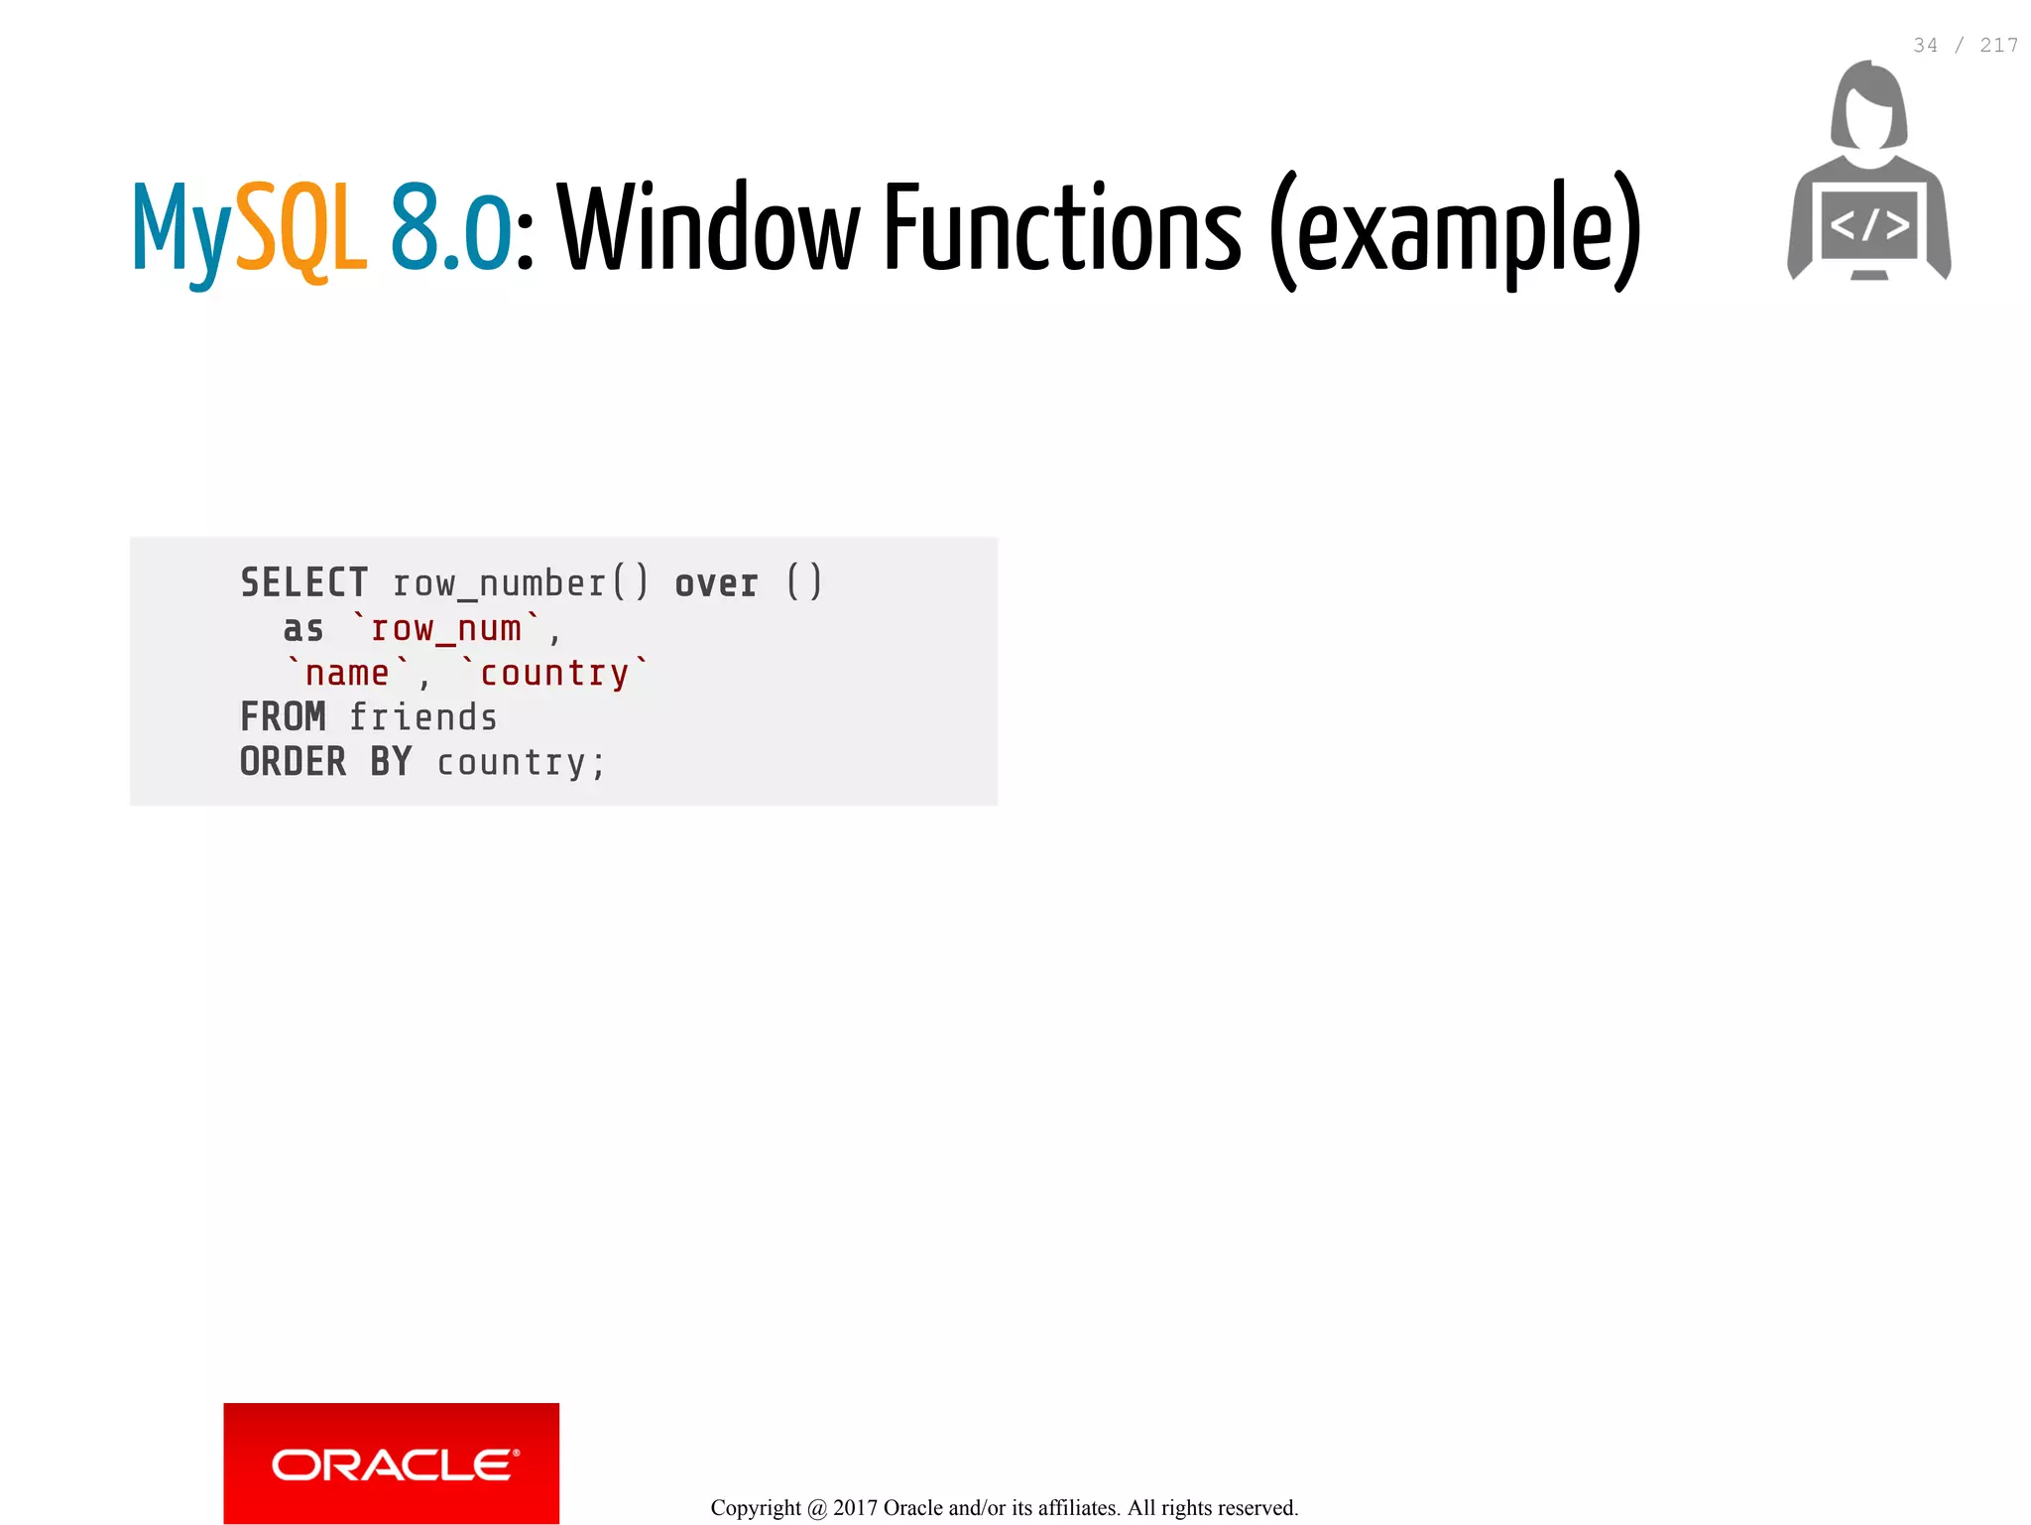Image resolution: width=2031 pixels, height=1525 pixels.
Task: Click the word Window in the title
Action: (x=708, y=228)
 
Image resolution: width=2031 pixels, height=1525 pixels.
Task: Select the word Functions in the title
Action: (x=1062, y=228)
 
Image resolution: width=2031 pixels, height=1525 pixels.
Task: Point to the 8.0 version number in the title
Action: (x=450, y=228)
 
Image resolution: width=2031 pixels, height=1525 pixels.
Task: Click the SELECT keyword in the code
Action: (x=303, y=582)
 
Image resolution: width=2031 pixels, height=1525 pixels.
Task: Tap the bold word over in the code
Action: (x=716, y=583)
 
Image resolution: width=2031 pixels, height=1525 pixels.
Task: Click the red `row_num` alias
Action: (x=446, y=629)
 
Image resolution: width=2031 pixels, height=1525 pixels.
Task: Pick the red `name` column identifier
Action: (x=347, y=673)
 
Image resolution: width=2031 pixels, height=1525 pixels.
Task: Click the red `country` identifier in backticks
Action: (x=554, y=673)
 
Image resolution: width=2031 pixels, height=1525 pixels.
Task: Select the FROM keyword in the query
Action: (x=283, y=716)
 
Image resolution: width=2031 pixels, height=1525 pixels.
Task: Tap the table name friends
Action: (x=423, y=717)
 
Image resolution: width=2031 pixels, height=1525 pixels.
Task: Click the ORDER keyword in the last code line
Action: (x=294, y=762)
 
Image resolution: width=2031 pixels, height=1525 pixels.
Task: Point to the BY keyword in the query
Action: (x=391, y=762)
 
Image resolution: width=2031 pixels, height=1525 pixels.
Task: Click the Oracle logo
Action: (x=391, y=1463)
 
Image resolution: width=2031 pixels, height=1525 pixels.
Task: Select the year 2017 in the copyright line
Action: (x=855, y=1508)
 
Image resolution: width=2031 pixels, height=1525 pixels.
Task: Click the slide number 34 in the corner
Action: (x=1925, y=46)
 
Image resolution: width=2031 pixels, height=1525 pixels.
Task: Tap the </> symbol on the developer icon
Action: (x=1869, y=225)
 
